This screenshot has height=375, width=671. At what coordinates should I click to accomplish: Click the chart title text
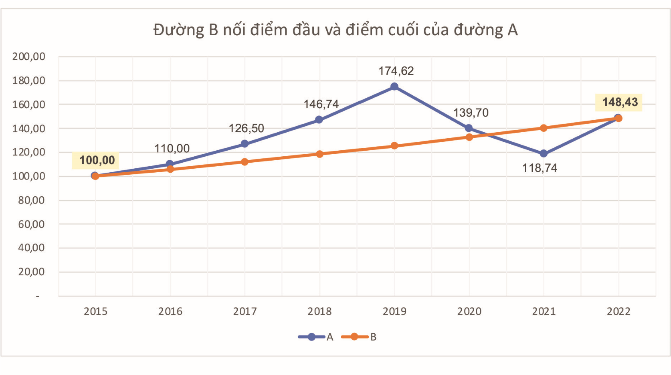(335, 30)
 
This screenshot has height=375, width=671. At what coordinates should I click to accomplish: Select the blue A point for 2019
(394, 87)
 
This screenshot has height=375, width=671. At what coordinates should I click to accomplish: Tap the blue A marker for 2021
(544, 153)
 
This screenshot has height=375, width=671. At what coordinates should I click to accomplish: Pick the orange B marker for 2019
(394, 146)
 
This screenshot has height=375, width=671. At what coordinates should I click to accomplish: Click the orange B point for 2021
(544, 128)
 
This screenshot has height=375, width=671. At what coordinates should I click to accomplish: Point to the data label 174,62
(396, 71)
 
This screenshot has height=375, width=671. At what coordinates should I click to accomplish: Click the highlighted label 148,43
(620, 102)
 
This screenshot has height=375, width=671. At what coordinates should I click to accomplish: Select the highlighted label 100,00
(97, 160)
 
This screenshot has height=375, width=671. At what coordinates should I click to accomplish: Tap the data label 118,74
(540, 168)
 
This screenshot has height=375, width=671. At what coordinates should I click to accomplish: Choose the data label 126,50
(246, 128)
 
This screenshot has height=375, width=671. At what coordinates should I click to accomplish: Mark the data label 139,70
(471, 113)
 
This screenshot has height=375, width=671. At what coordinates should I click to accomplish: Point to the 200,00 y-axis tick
(29, 56)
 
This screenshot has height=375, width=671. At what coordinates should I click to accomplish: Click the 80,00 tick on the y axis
(31, 200)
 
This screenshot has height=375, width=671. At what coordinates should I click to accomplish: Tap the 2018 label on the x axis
(319, 311)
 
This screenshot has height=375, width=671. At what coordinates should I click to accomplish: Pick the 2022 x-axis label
(618, 311)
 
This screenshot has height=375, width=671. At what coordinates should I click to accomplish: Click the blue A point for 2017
(245, 144)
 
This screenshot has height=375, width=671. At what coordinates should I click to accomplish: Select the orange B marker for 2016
(170, 169)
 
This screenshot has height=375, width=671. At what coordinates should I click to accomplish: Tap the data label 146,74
(321, 104)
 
